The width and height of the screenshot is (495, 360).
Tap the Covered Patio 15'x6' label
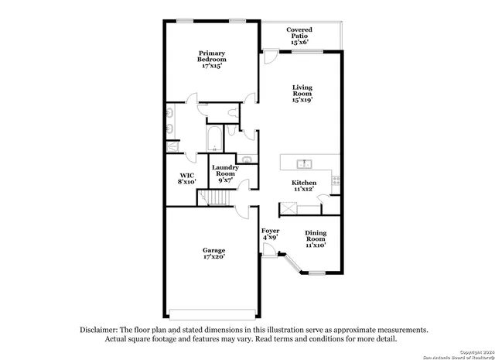[x=299, y=35]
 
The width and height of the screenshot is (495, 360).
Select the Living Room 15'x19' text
[x=303, y=93]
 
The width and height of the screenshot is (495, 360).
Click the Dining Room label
[x=315, y=239]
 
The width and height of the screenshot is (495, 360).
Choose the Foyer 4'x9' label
[x=270, y=235]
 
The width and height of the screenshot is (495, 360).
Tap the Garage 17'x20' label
[x=214, y=254]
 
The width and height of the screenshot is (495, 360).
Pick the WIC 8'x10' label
[x=187, y=179]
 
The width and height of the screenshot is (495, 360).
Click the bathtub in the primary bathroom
[x=214, y=139]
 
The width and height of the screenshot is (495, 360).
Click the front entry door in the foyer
[x=268, y=250]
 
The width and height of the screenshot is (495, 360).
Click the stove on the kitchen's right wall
[x=335, y=180]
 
